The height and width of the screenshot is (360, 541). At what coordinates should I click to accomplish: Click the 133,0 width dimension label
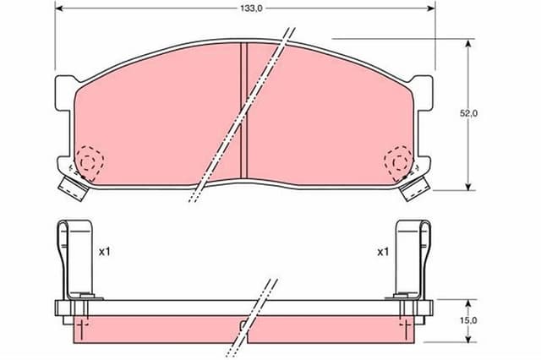[x=245, y=8]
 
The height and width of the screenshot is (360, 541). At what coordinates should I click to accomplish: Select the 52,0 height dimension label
[x=470, y=113]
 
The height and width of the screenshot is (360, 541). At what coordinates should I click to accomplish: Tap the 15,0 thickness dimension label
[x=470, y=319]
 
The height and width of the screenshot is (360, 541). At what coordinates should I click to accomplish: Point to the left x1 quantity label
[x=104, y=252]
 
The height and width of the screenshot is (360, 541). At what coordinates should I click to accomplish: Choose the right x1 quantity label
[x=382, y=252]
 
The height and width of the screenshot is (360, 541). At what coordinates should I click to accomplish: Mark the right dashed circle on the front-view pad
[x=398, y=161]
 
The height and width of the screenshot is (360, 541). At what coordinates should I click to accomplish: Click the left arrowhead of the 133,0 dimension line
[x=58, y=9]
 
